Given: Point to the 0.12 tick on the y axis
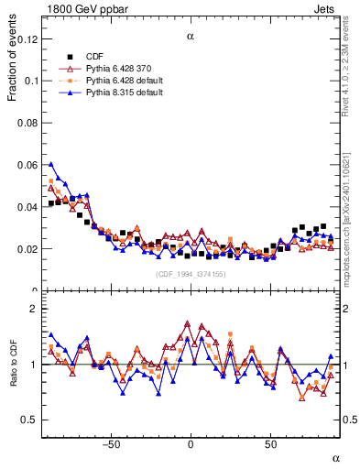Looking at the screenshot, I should tap(28, 39).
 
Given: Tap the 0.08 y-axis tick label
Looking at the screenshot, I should tap(28, 123).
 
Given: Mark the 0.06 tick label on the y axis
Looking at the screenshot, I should tap(28, 165).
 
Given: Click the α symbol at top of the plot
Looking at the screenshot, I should tap(191, 38).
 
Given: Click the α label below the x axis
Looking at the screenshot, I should tap(335, 457).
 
